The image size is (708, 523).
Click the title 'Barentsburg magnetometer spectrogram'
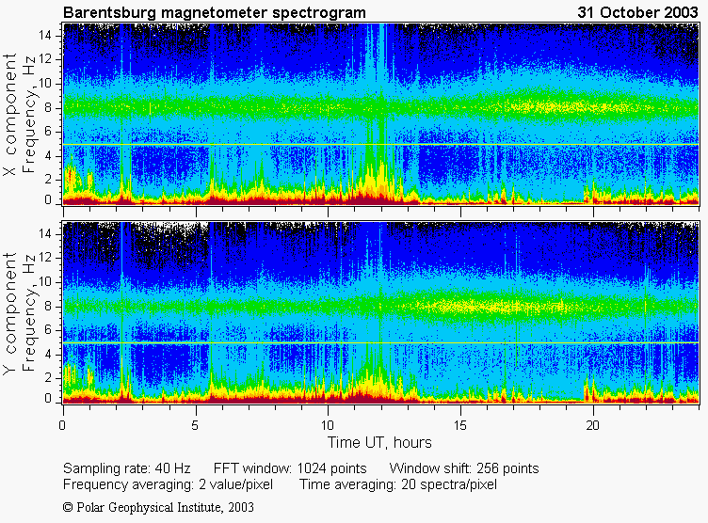tap(215, 12)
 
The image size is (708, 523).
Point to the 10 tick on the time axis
tap(328, 425)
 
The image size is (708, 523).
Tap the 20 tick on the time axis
tap(593, 425)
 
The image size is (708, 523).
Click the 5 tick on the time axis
tap(196, 425)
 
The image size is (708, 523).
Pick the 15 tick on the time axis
tap(460, 425)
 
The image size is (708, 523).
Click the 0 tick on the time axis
tap(63, 425)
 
